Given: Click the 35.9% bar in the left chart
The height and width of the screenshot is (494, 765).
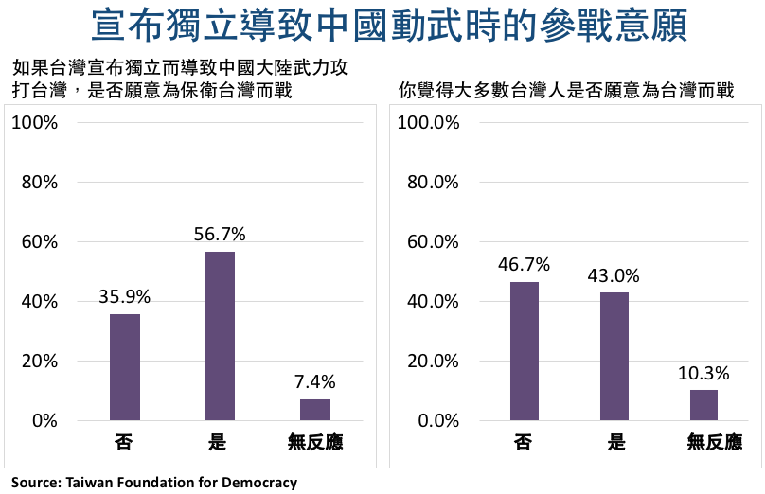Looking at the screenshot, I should point(125,367).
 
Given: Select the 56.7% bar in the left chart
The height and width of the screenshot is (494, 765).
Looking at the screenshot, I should point(220,336).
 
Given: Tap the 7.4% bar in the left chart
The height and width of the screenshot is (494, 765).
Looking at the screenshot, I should point(315,410).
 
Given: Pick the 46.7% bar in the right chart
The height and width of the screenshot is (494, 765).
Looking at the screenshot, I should point(524,351).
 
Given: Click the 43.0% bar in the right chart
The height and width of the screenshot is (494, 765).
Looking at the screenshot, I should point(614,356).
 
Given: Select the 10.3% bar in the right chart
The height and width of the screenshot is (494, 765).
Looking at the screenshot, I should point(703,405).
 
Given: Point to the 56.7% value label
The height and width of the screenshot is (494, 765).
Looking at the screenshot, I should point(220,234).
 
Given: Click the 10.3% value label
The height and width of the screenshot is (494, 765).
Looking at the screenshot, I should point(703,372).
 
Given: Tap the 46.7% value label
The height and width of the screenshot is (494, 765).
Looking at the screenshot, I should point(524,264).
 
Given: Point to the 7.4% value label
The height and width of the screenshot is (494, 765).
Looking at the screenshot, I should point(315,381).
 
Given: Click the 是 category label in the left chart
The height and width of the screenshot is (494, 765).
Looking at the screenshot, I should point(220,442).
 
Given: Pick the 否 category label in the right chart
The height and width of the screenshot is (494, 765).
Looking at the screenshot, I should point(524,442).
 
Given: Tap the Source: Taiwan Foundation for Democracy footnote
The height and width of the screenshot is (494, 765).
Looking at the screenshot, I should point(154,483).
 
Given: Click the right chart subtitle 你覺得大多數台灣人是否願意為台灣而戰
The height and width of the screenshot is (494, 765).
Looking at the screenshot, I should point(566,92).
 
